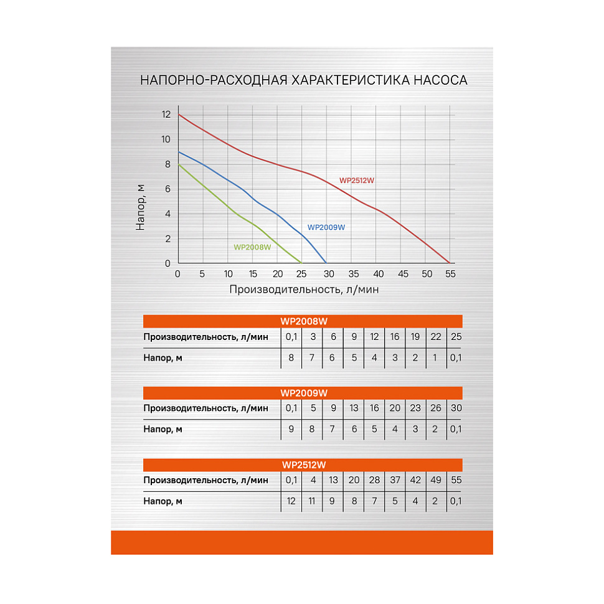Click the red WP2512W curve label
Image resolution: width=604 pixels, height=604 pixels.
[x=357, y=181]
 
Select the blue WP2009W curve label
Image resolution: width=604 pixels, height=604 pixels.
[x=326, y=227]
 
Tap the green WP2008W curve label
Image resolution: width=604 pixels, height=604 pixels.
[x=252, y=247]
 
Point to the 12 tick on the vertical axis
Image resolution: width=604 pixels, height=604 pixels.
[x=166, y=115]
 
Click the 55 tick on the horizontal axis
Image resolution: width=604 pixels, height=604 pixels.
[x=450, y=274]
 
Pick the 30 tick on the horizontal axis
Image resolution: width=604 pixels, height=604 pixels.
[x=328, y=274]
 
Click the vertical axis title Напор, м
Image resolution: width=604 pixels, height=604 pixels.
[x=141, y=208]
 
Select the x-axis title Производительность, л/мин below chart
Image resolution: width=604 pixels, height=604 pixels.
[x=304, y=290]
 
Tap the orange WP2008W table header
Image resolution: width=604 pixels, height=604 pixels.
[x=303, y=321]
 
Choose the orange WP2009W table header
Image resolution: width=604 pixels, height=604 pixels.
[x=303, y=393]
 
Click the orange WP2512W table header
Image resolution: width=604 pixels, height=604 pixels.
[x=303, y=465]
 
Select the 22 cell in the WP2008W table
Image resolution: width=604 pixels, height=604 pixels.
[x=436, y=337]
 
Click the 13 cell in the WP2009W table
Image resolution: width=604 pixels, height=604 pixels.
[x=354, y=408]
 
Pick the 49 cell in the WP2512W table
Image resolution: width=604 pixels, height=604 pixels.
[x=436, y=480]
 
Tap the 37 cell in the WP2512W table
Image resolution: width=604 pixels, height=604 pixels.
[x=395, y=480]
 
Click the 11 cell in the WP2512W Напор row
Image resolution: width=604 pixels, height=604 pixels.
[x=312, y=501]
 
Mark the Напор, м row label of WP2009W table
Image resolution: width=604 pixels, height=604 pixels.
[x=163, y=429]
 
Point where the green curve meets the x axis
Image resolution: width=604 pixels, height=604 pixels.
[x=301, y=263]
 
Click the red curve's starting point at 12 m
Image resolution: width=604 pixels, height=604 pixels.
[x=179, y=115]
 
